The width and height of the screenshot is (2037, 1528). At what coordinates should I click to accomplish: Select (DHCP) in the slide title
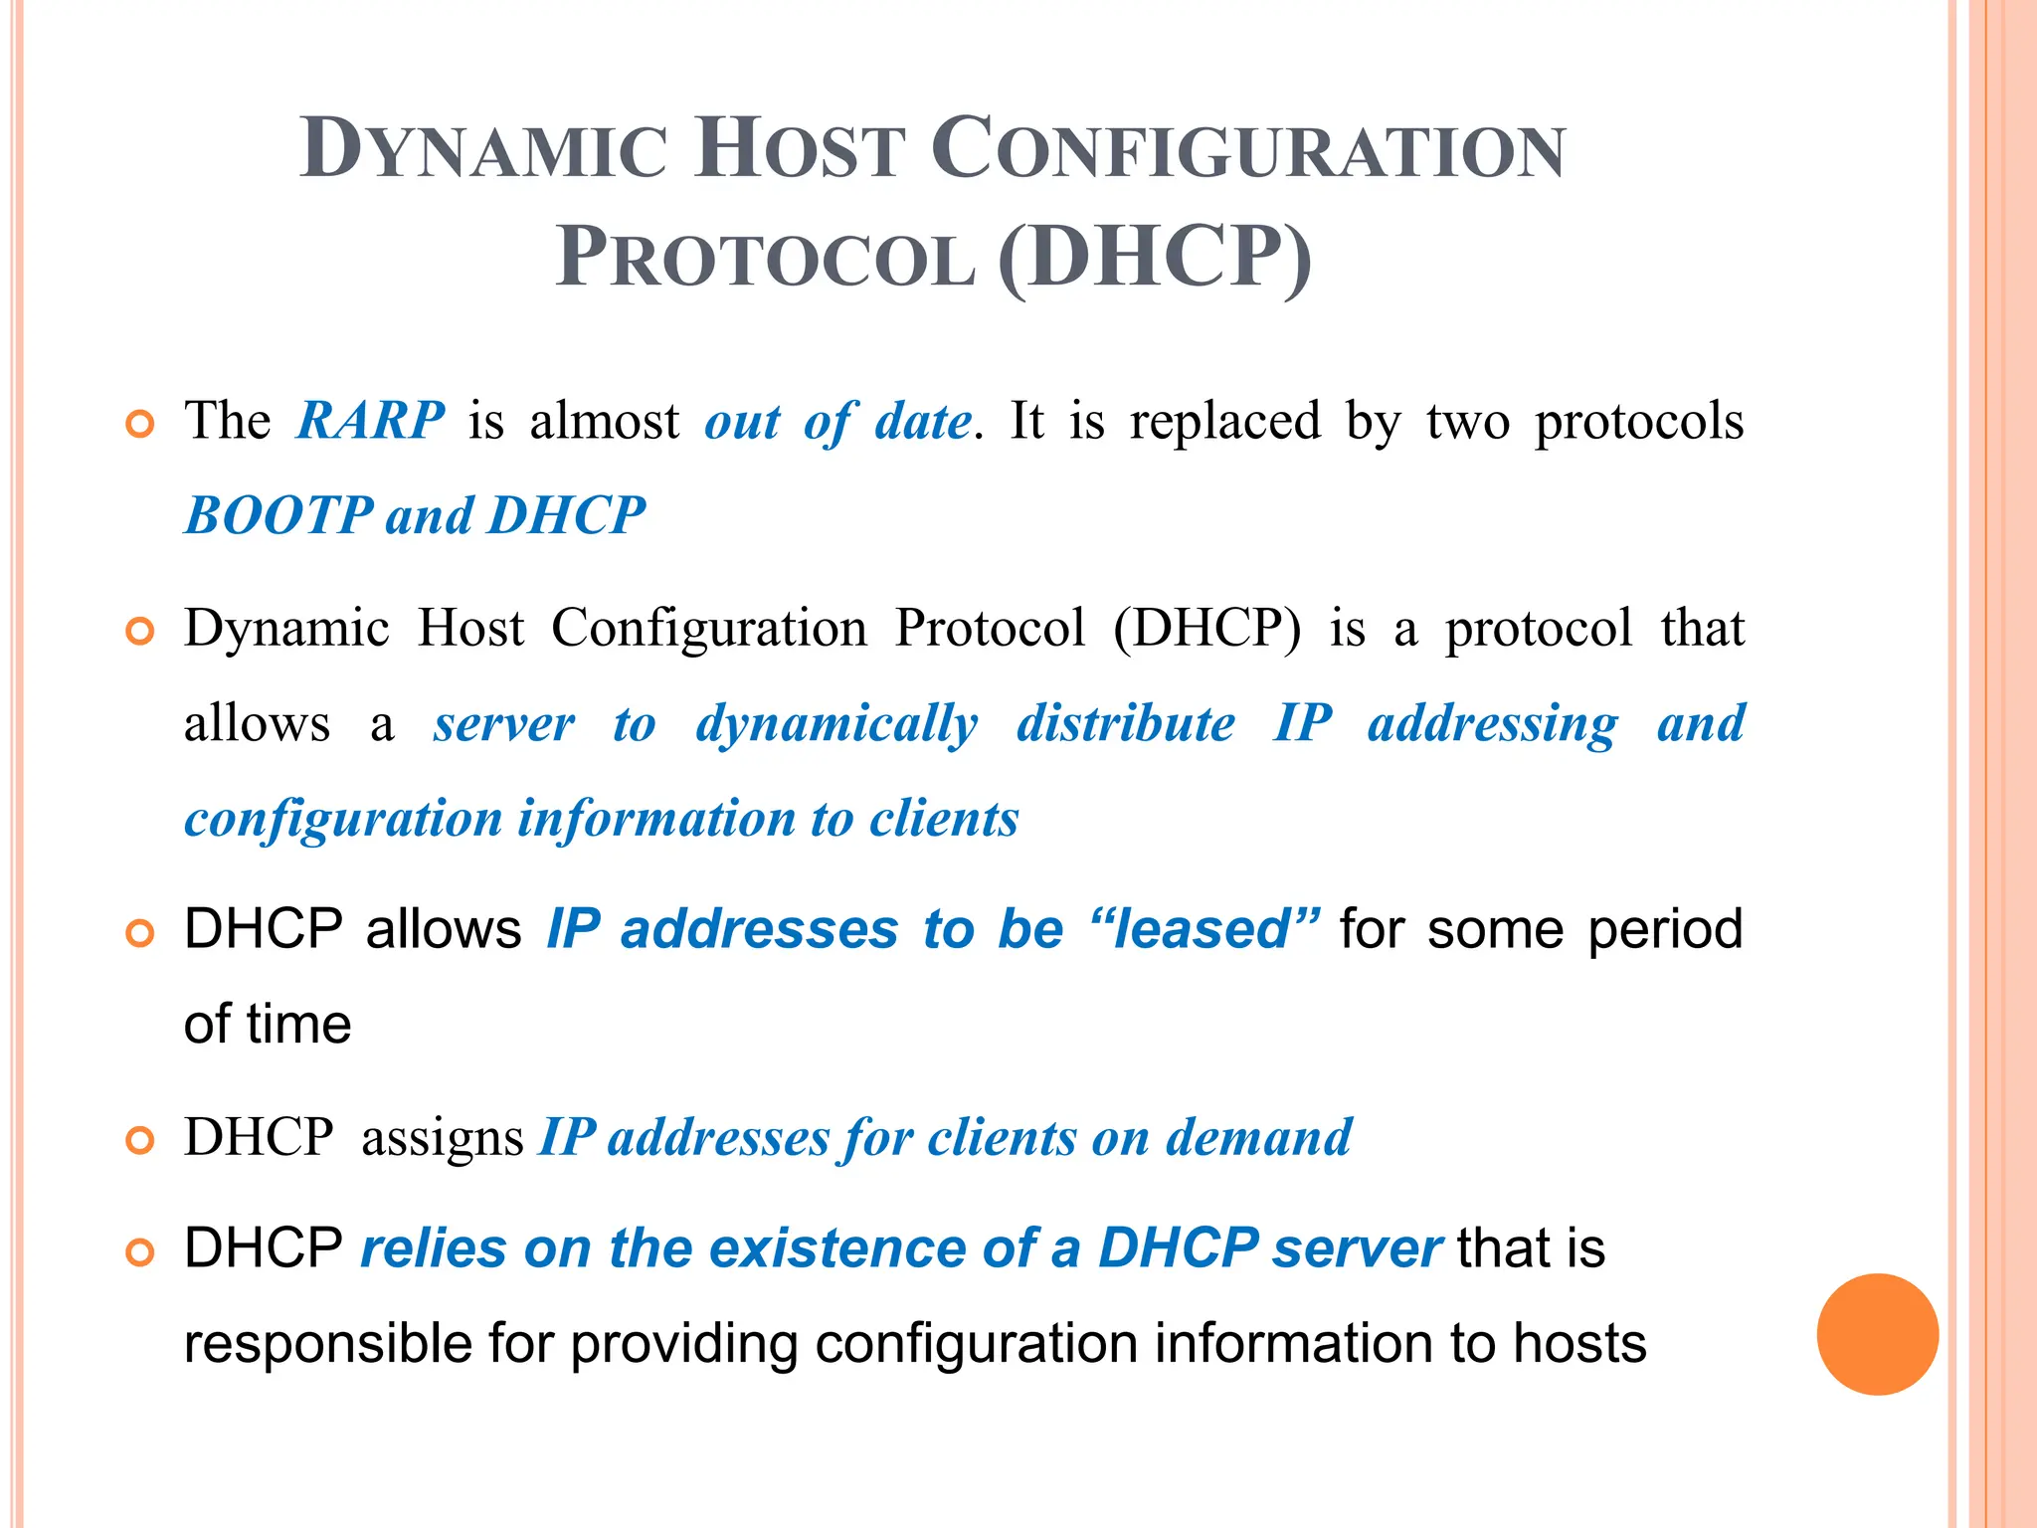[x=1155, y=258]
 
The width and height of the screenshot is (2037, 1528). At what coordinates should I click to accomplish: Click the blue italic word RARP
[x=370, y=420]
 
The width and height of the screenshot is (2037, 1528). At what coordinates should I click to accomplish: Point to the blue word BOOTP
[x=278, y=515]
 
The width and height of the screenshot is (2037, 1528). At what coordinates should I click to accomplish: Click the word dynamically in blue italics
[x=836, y=724]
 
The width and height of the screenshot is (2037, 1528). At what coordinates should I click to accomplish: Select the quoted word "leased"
[x=1204, y=929]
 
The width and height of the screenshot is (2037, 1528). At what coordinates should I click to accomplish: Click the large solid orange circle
[x=1877, y=1334]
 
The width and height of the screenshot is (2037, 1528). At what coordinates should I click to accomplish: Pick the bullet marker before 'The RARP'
[x=140, y=425]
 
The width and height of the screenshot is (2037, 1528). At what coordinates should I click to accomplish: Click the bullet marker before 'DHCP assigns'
[x=140, y=1140]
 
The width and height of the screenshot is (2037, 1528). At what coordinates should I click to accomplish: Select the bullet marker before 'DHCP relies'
[x=140, y=1251]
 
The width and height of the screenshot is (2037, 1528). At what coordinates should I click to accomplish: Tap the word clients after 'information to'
[x=944, y=819]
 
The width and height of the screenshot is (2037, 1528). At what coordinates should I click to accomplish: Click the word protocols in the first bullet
[x=1638, y=422]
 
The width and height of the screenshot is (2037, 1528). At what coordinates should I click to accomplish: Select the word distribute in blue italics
[x=1125, y=723]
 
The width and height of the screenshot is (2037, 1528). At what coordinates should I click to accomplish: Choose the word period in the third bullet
[x=1664, y=931]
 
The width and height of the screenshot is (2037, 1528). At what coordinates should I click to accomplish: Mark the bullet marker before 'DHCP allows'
[x=140, y=933]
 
